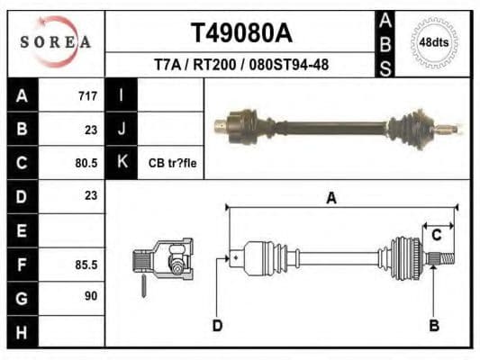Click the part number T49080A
click(x=240, y=33)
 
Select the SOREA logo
click(x=57, y=42)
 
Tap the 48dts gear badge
click(x=435, y=42)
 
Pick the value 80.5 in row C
click(x=86, y=163)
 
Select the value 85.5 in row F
click(x=86, y=265)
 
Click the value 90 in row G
click(x=90, y=296)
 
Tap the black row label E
click(x=23, y=230)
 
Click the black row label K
click(x=121, y=163)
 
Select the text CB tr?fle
click(x=172, y=163)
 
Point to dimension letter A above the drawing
click(x=331, y=198)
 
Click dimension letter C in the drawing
click(x=436, y=236)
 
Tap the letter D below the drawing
click(x=217, y=325)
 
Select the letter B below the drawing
click(x=434, y=325)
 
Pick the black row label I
click(x=121, y=95)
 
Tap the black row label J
click(x=121, y=130)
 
